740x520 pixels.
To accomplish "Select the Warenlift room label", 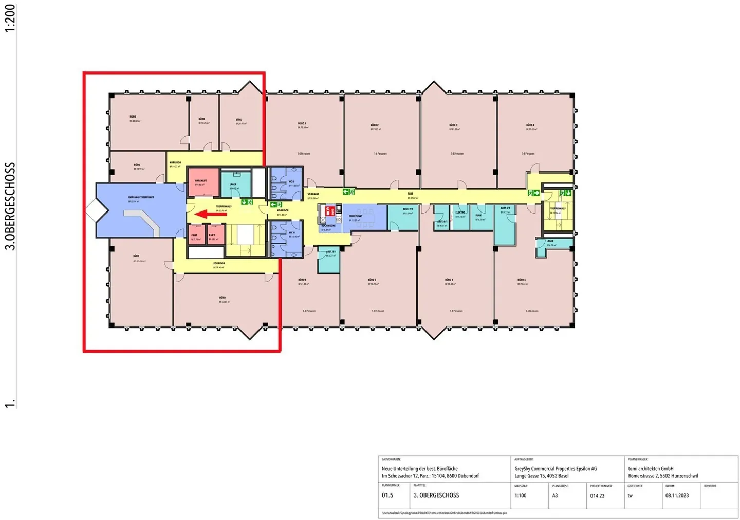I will click(x=200, y=181).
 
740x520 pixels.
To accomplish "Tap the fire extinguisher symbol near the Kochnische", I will click(x=332, y=210).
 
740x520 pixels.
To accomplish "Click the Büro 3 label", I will click(x=453, y=125).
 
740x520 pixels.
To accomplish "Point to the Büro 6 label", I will click(x=449, y=280).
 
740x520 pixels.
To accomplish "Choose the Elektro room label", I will click(x=460, y=213).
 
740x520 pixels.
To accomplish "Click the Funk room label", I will click(x=478, y=216).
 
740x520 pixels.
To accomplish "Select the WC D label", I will click(x=291, y=182).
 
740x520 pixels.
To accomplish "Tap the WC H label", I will click(x=291, y=233).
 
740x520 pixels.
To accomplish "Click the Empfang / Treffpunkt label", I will click(x=141, y=197).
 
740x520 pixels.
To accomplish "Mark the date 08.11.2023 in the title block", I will click(x=677, y=496).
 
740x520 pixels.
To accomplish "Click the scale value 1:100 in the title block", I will click(x=520, y=496).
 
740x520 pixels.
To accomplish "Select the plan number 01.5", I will click(x=387, y=496).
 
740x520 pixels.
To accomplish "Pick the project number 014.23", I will click(x=597, y=496).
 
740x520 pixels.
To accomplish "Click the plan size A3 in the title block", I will click(x=555, y=496).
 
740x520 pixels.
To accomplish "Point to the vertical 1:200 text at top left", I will click(x=10, y=18).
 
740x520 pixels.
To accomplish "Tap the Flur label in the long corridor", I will click(x=410, y=194).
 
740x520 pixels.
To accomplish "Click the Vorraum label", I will click(x=313, y=194).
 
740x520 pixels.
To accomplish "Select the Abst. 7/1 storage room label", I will click(x=408, y=209).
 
